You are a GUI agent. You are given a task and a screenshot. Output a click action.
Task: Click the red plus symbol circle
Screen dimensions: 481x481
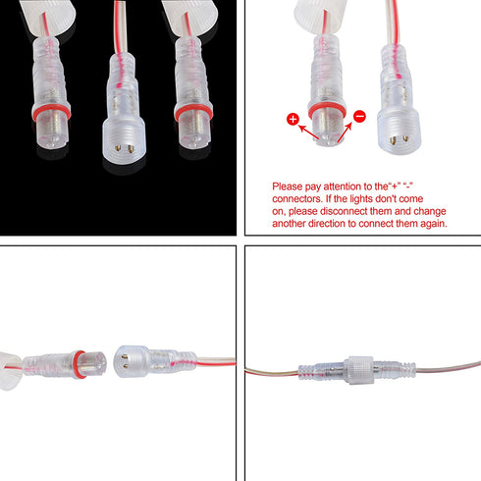click(x=293, y=119)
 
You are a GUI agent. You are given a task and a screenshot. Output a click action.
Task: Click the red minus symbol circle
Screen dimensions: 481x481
click(x=359, y=116)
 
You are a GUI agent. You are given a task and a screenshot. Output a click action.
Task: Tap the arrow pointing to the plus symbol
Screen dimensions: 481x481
click(x=308, y=132)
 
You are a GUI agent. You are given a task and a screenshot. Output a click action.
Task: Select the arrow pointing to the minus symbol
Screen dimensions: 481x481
click(x=345, y=132)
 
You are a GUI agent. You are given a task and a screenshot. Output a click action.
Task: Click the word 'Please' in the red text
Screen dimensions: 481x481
click(x=287, y=187)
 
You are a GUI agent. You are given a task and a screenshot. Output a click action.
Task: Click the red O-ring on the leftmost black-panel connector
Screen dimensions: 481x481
click(x=51, y=112)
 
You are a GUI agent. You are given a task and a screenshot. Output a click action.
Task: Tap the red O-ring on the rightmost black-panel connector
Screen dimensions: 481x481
click(x=193, y=112)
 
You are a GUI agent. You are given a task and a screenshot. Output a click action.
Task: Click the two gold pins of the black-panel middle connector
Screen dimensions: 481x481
click(x=124, y=149)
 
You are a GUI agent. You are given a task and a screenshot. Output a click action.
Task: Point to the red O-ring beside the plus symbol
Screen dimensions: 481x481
click(x=327, y=111)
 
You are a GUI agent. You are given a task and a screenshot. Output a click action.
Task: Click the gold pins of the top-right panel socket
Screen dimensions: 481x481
click(x=399, y=139)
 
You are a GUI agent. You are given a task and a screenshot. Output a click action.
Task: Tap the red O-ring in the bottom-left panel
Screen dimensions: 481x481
click(x=80, y=364)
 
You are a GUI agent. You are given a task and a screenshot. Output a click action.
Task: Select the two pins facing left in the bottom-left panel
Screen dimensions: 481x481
click(x=125, y=362)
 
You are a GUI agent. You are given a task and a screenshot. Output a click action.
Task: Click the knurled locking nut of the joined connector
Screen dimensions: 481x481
click(x=359, y=370)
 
